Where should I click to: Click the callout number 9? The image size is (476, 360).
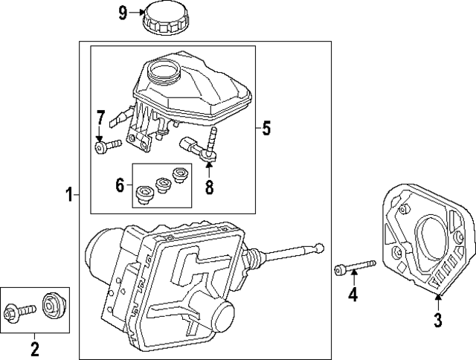click(123, 12)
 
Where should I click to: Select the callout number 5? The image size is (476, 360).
click(266, 129)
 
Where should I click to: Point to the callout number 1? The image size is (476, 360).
click(68, 196)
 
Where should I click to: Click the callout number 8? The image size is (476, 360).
click(209, 188)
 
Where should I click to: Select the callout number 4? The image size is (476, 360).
click(353, 295)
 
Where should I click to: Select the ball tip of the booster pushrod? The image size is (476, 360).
click(321, 247)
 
